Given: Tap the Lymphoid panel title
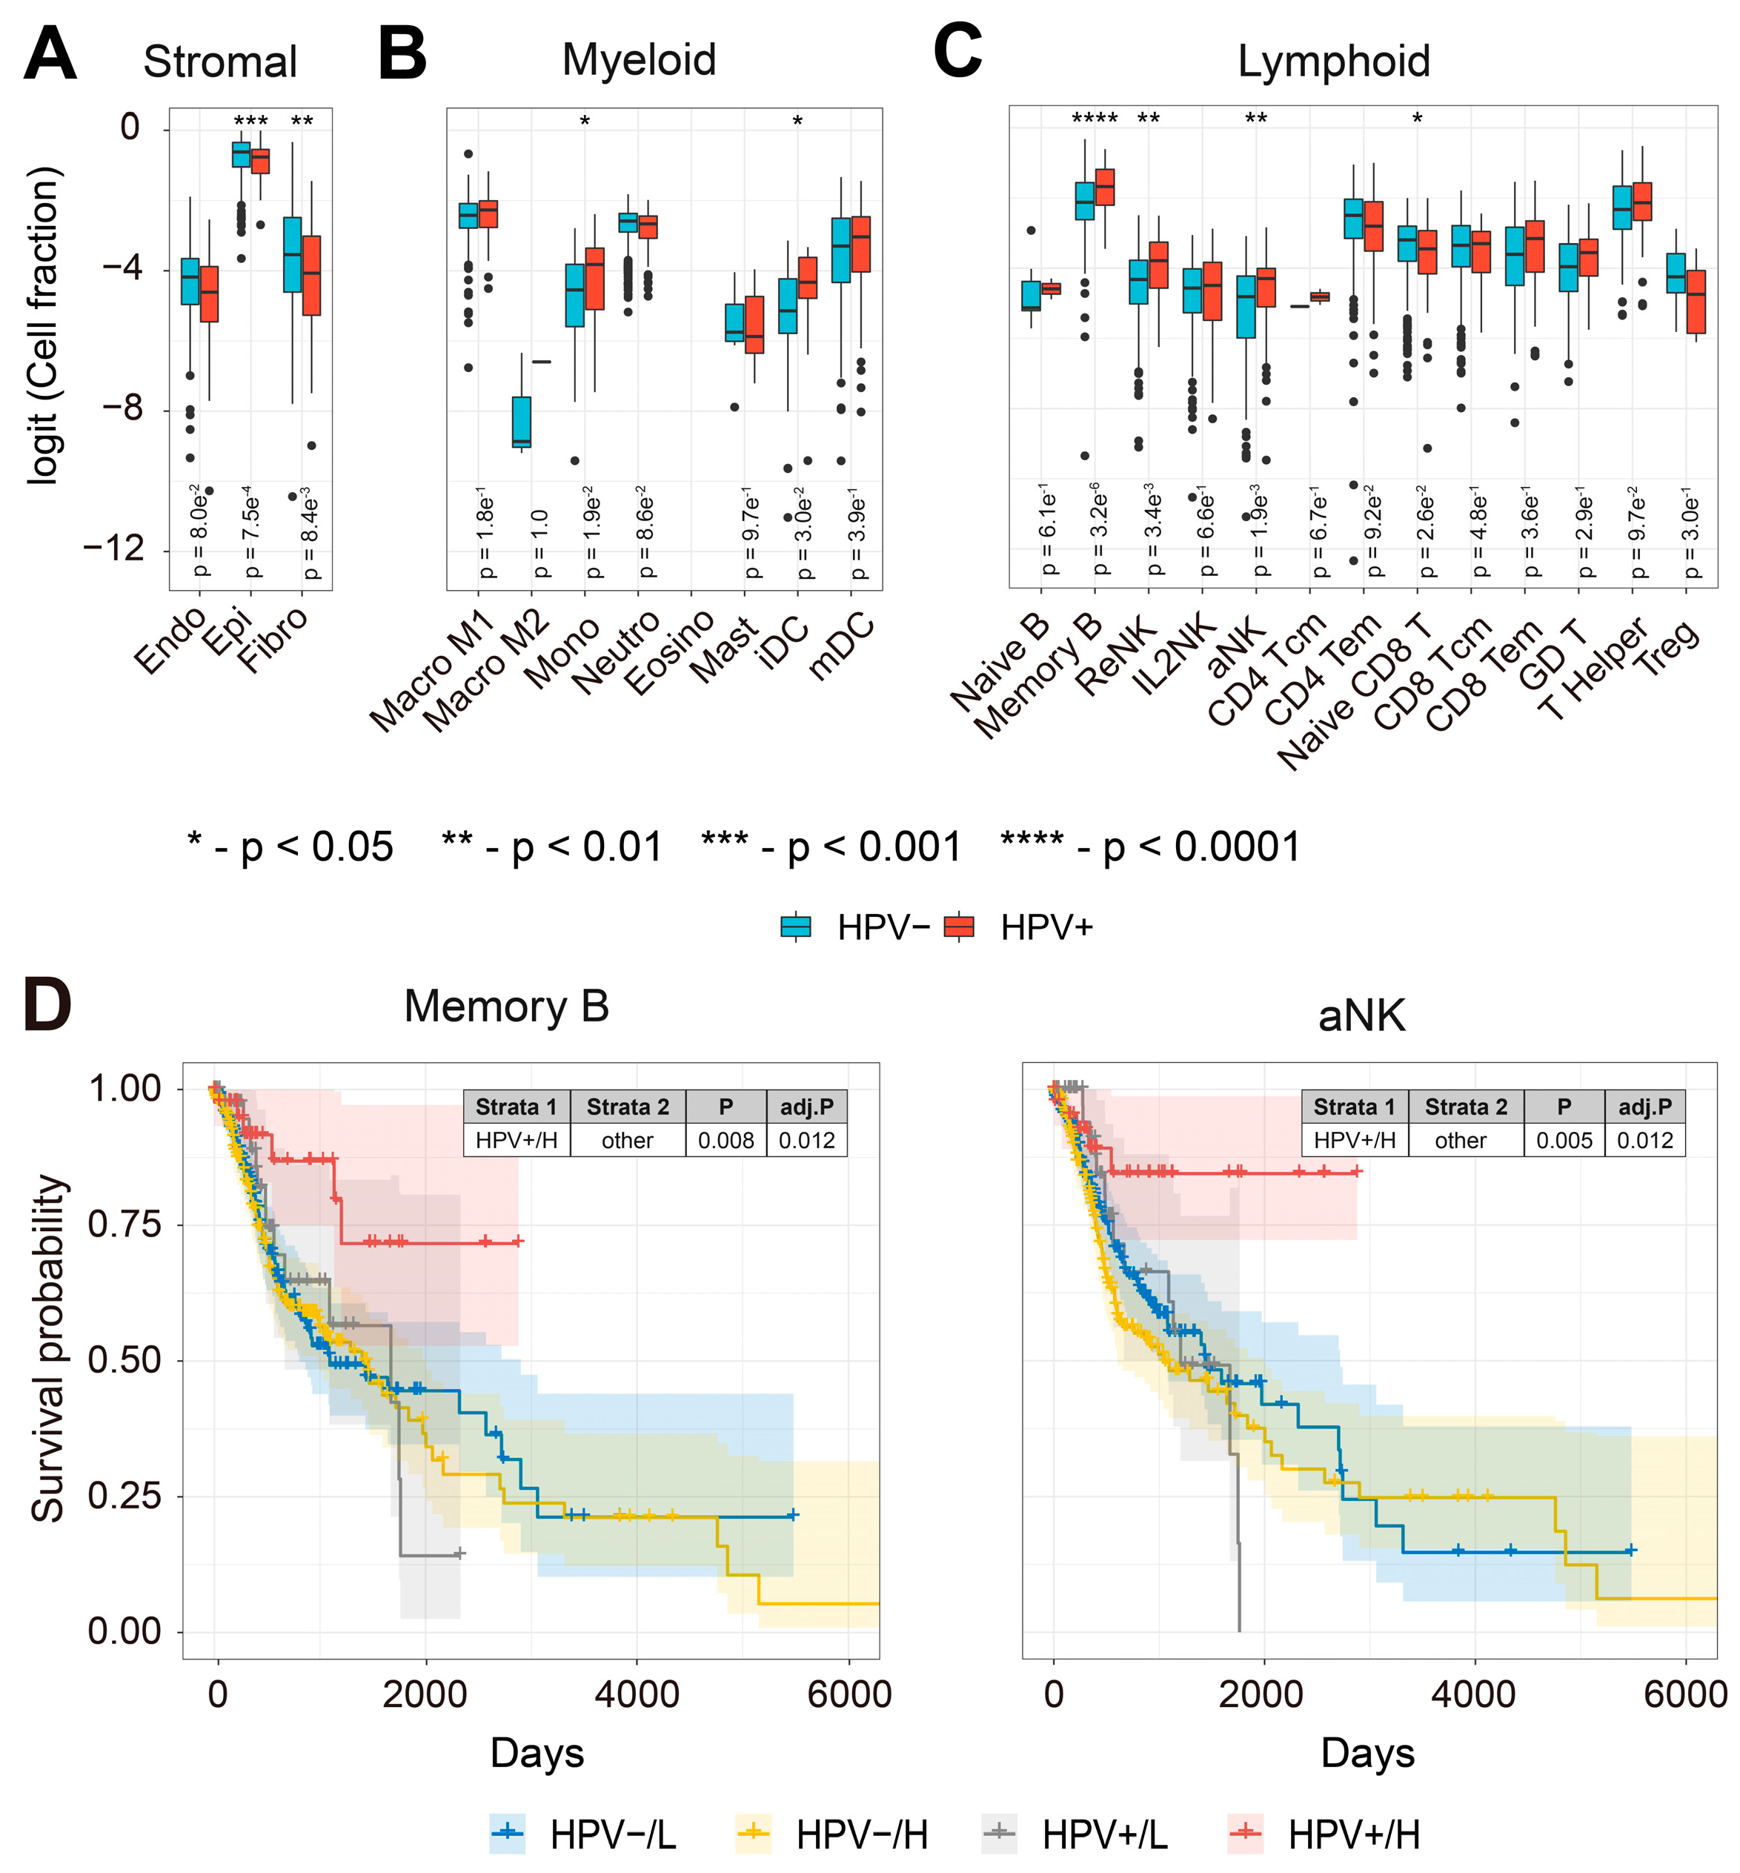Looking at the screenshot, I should [1333, 63].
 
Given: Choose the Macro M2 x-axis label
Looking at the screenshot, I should [487, 671].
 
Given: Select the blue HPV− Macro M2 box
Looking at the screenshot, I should [522, 422].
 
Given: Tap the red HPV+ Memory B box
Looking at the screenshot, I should [1103, 187].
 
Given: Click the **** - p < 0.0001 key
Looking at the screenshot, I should [1151, 846].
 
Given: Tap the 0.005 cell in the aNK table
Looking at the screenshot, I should [1564, 1141].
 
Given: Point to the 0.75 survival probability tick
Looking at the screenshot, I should [124, 1225].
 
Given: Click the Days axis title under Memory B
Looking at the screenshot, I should [537, 1752].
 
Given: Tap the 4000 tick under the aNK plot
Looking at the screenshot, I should [1472, 1694].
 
